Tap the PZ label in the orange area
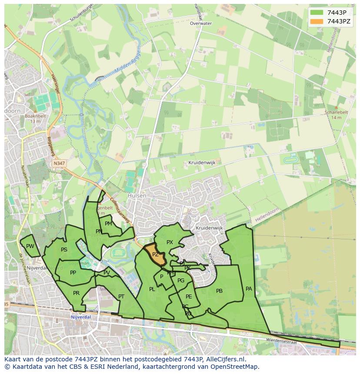point(155,255)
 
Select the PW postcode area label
point(30,246)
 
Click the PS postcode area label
point(64,250)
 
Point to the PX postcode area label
point(170,242)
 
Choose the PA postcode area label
point(249,288)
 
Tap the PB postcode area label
point(219,291)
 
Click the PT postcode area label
point(121,296)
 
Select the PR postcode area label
point(76,293)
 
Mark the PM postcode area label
point(108,224)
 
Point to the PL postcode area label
point(152,289)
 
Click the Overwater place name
point(201,23)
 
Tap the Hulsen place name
point(137,196)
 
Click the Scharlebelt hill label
point(337,112)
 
